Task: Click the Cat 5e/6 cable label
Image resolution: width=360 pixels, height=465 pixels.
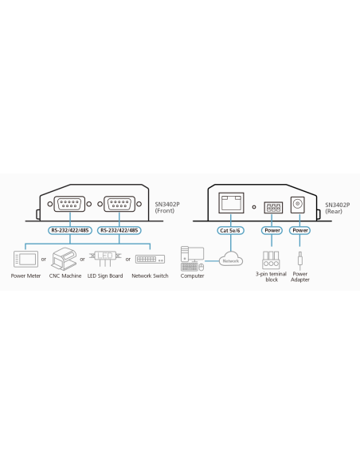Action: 230,230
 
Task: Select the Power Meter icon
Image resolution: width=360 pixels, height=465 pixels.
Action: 25,259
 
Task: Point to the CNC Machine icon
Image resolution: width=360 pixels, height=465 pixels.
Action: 64,259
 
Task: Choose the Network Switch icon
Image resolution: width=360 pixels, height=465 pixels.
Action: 150,260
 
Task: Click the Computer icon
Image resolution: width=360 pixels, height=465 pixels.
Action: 192,259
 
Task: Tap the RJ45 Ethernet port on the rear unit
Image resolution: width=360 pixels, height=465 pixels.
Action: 231,203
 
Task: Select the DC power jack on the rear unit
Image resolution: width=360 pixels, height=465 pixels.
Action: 298,204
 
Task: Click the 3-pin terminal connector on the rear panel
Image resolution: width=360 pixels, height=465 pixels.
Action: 273,208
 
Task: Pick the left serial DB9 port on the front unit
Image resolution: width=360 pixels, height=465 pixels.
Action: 69,204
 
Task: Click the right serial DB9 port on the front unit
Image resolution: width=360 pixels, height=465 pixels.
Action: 119,204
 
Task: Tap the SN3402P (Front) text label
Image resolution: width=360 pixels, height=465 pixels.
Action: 167,208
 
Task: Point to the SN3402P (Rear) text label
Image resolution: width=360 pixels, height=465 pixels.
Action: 338,208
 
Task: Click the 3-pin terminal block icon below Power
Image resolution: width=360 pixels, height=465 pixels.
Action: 271,260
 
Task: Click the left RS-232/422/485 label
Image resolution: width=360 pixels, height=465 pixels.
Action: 70,230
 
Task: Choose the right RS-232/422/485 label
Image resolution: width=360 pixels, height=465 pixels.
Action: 119,230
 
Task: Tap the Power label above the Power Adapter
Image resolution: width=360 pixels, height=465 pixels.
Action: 300,230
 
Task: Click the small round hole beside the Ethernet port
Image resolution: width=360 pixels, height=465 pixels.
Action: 254,207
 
